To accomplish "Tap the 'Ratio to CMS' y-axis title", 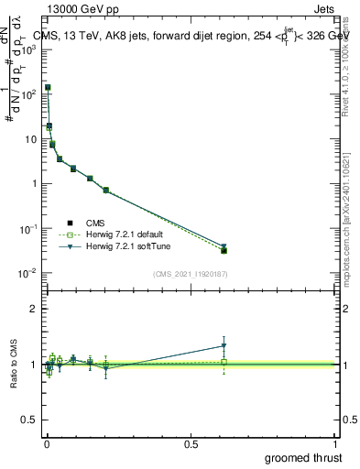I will (14, 364).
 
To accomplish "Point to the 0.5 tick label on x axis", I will (191, 443).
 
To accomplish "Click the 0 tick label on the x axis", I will (46, 443).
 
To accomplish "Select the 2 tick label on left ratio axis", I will (36, 309).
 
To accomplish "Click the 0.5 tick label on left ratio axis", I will (31, 420).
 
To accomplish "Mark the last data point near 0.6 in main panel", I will (224, 249).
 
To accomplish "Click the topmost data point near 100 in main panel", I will (48, 88).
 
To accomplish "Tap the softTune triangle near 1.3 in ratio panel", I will (224, 346).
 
